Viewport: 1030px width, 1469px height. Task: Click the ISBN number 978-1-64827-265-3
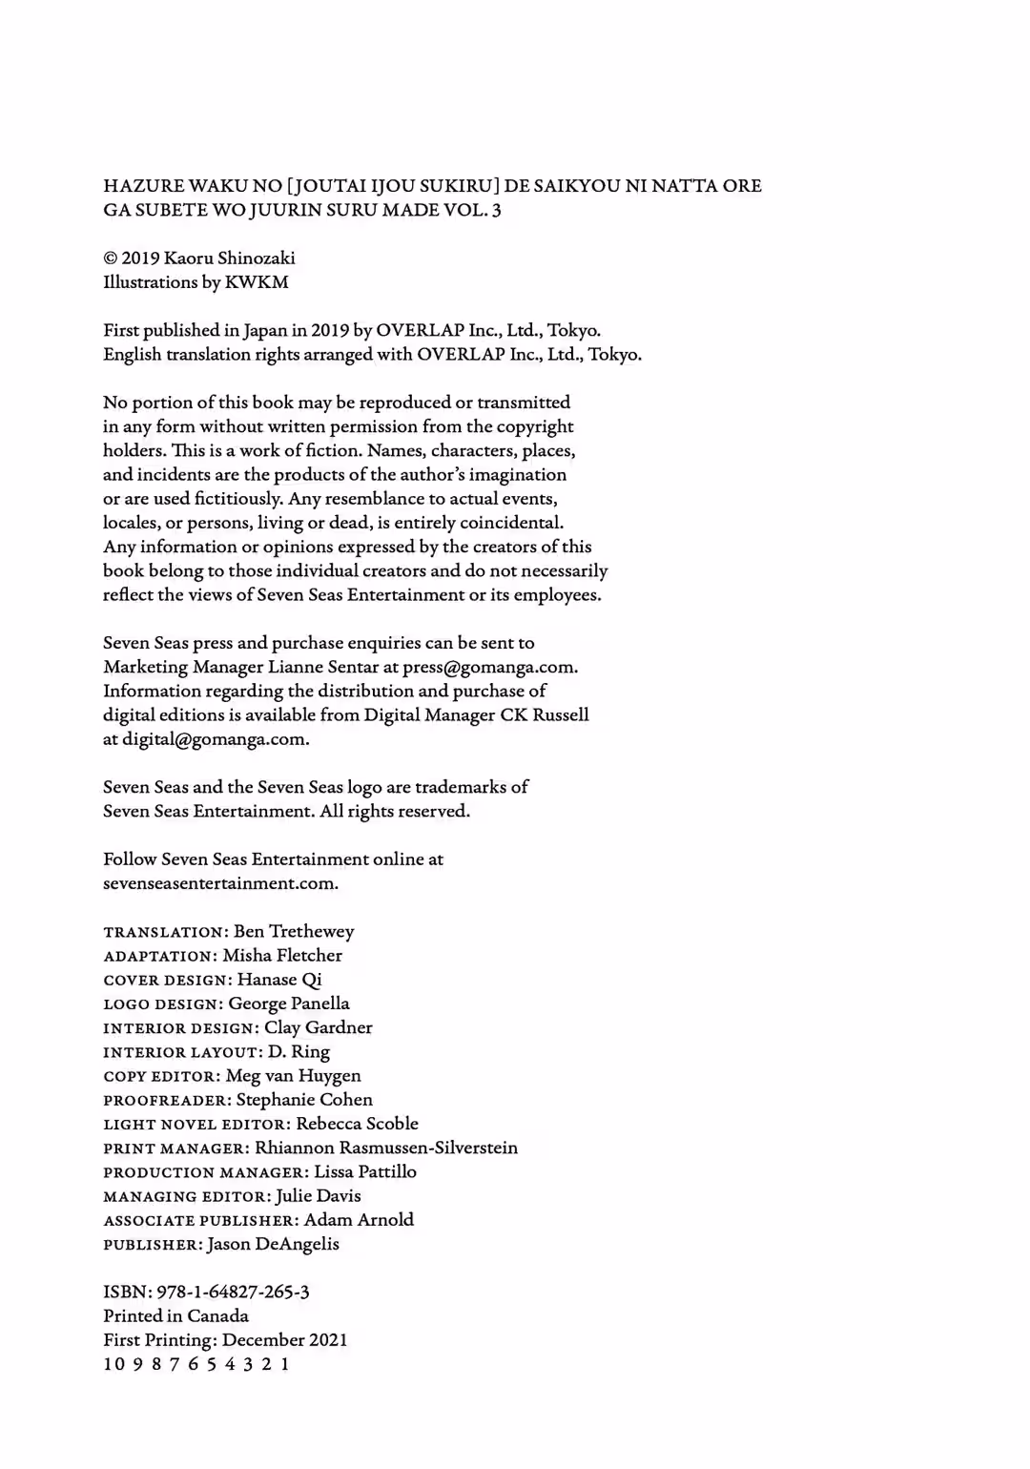pos(233,1293)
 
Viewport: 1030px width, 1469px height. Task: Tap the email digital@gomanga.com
pos(215,739)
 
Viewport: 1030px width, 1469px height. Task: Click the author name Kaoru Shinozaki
pos(229,259)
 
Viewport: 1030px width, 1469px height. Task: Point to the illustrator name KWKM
pos(257,282)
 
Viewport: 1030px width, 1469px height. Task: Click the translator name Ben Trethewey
pos(294,932)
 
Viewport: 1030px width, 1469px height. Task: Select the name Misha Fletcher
pos(282,956)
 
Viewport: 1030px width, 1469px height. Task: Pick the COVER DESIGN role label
pos(167,981)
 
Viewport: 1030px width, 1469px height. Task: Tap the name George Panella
pos(289,1003)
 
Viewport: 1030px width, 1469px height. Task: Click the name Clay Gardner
pos(319,1028)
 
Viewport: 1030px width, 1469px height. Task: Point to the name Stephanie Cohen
pos(304,1100)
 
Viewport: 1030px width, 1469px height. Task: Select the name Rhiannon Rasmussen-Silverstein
pos(386,1148)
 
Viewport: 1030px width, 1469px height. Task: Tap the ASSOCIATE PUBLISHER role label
pos(200,1221)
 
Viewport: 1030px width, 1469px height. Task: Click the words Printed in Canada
pos(175,1316)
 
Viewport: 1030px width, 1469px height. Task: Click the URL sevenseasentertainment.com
pos(219,883)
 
